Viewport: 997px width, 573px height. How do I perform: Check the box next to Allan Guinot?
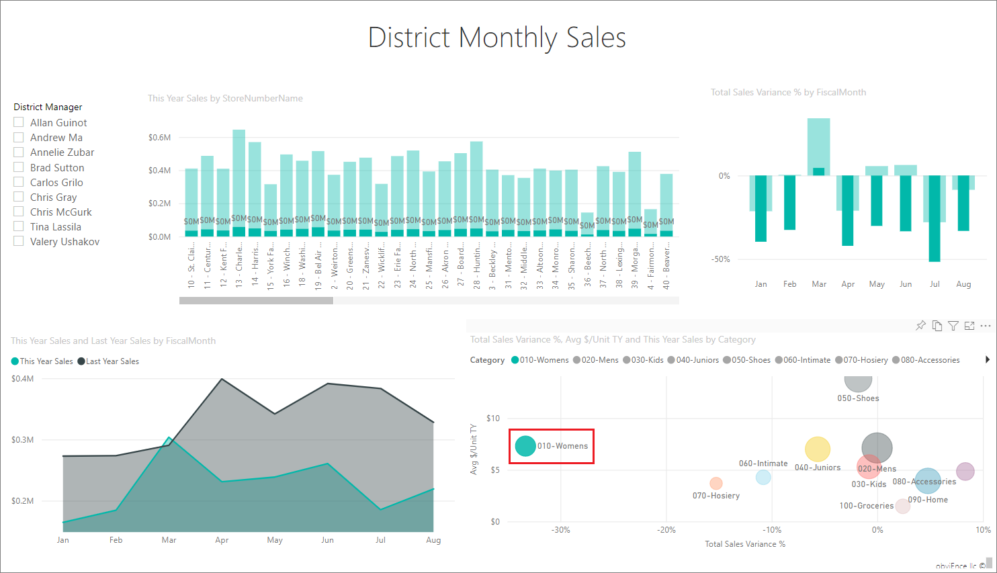coord(19,122)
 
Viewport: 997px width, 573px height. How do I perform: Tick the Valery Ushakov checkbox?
coord(19,241)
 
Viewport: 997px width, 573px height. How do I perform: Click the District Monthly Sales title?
coord(497,38)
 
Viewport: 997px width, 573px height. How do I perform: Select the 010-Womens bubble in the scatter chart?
coord(525,445)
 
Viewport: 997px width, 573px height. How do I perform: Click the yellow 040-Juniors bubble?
coord(818,449)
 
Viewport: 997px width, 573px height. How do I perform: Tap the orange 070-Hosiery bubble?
coord(716,483)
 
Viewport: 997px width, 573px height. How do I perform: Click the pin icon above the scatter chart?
coord(920,326)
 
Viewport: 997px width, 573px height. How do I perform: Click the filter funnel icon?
coord(953,326)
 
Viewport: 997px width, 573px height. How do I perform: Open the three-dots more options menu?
coord(986,326)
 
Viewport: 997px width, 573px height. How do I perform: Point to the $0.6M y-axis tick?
coord(160,138)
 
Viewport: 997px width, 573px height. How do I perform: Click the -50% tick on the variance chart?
coord(722,259)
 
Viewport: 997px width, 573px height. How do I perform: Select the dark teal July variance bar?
coord(935,218)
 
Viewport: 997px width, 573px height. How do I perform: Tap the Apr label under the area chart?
coord(222,540)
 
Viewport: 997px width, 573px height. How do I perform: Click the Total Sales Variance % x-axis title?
coord(744,544)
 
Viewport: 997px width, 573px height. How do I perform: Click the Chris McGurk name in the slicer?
coord(60,212)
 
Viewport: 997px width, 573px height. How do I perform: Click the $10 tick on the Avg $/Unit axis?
coord(493,418)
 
